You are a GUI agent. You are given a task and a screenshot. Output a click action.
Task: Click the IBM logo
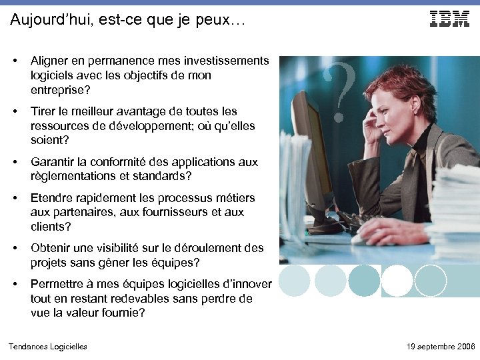[x=449, y=19]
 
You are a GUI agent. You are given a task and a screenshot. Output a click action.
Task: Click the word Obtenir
[x=52, y=248]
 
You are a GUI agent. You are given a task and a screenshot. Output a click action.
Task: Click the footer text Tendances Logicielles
[x=47, y=346]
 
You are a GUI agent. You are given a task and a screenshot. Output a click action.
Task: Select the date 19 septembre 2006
[x=441, y=346]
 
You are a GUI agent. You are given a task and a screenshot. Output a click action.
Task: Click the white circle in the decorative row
[x=397, y=281]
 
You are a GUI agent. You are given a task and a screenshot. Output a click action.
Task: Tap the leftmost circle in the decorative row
[x=294, y=281]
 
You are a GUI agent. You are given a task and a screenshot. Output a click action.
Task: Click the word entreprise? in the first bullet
[x=60, y=90]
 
